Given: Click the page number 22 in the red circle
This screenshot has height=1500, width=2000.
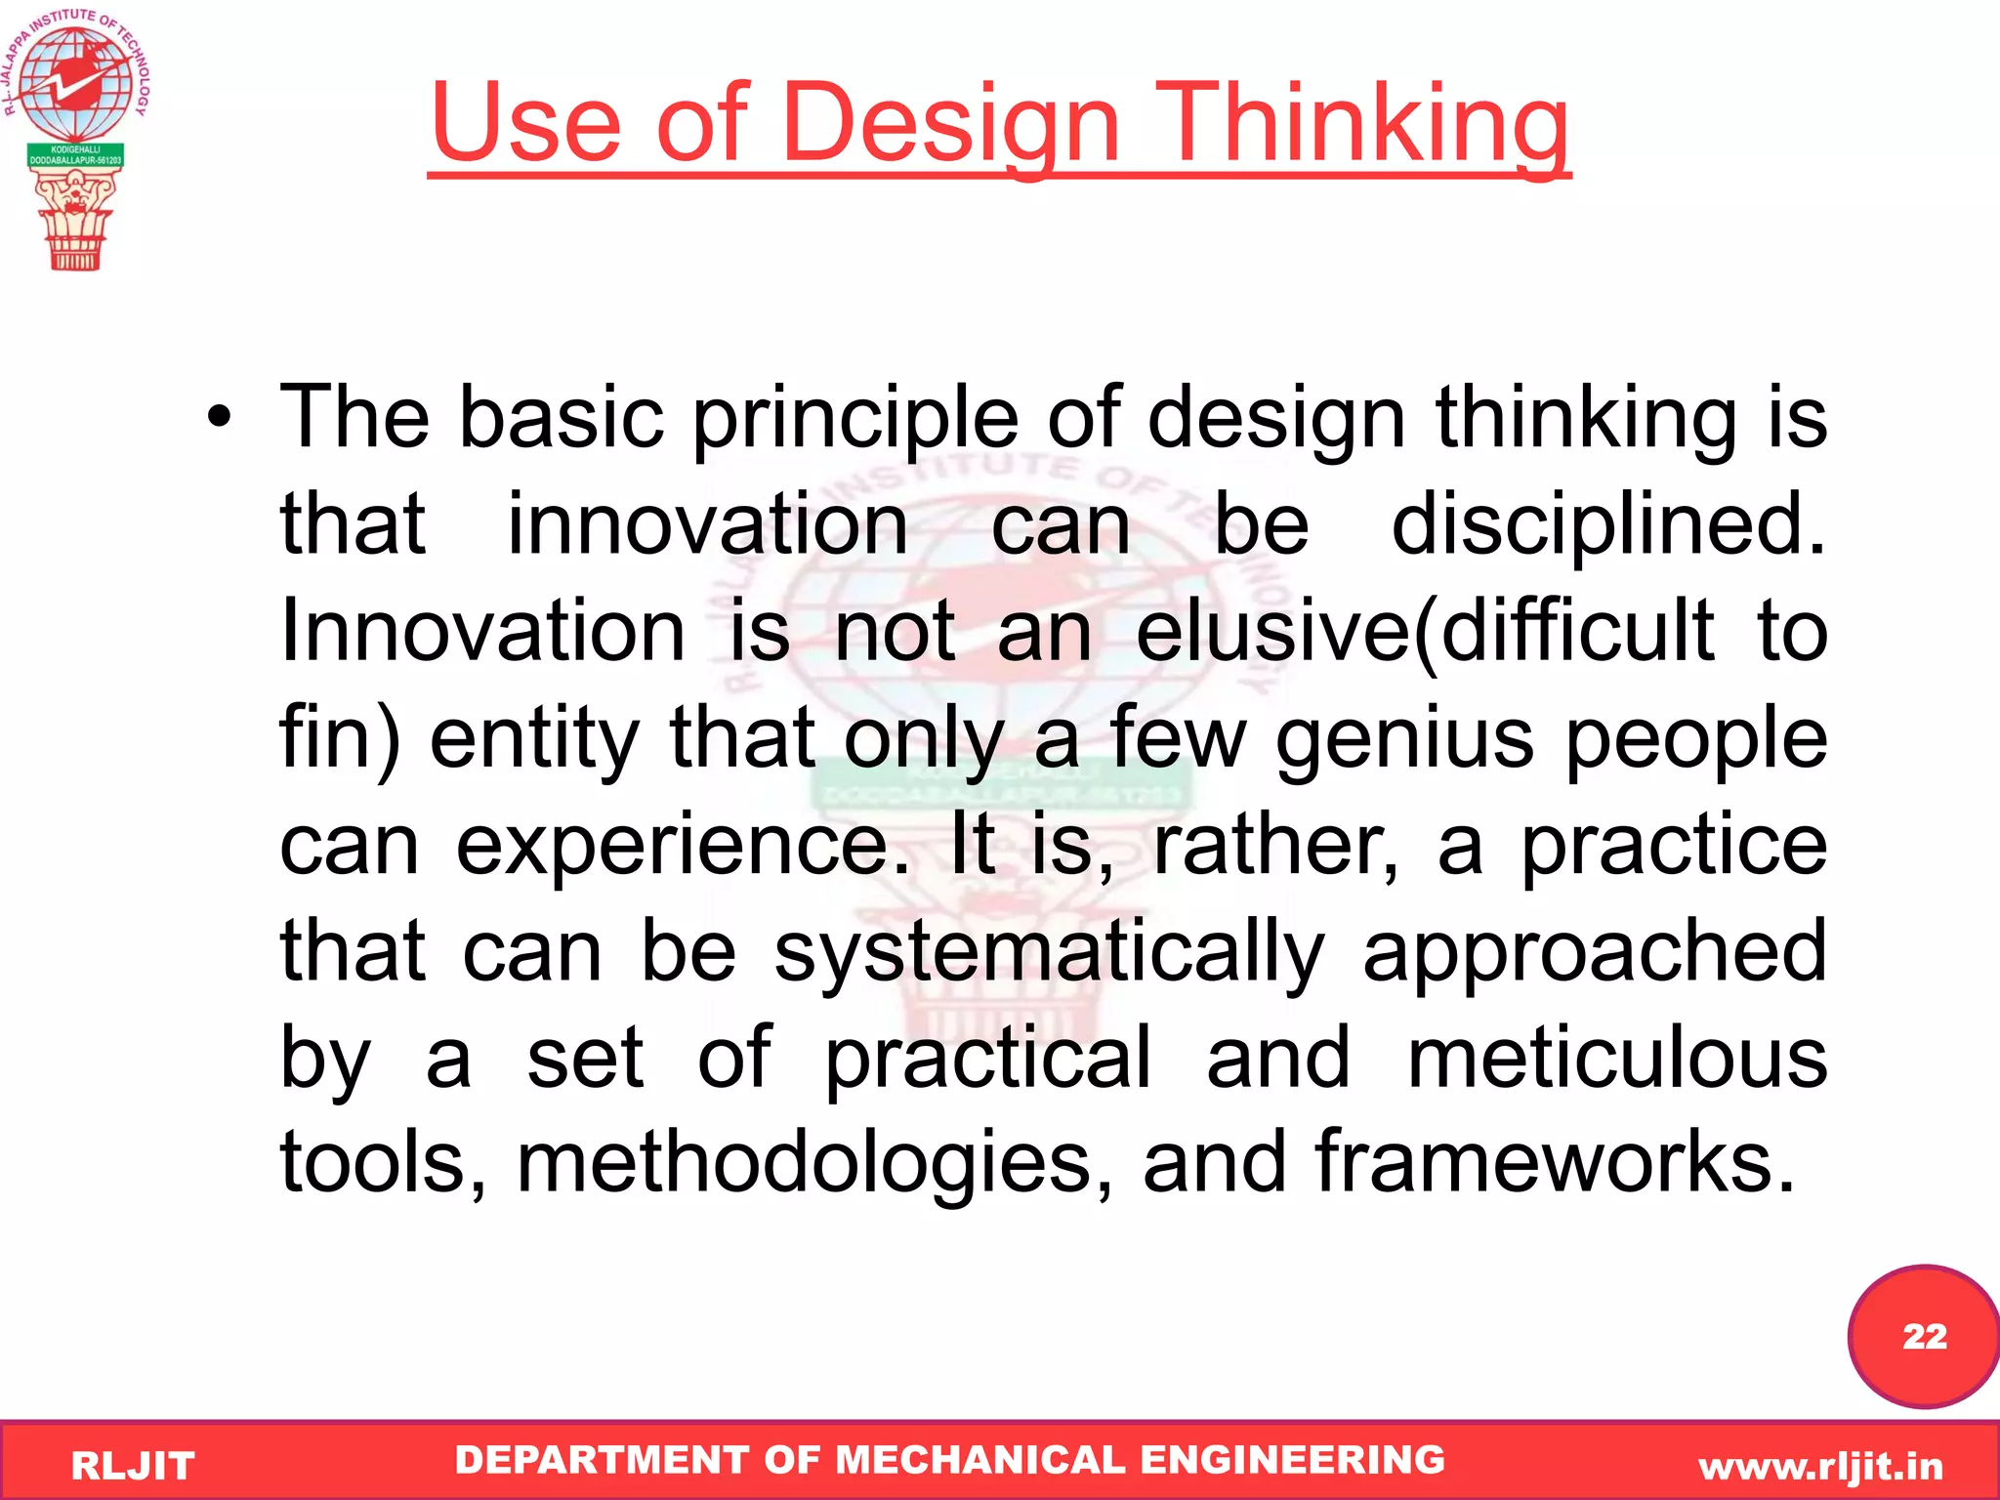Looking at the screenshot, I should click(x=1924, y=1336).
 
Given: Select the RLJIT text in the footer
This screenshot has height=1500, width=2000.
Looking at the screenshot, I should click(x=133, y=1466).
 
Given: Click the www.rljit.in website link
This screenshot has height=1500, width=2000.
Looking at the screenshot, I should click(x=1820, y=1466).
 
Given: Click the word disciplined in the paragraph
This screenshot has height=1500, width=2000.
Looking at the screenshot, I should click(x=1606, y=525).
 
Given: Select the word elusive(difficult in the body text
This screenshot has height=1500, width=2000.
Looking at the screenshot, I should click(x=1424, y=632).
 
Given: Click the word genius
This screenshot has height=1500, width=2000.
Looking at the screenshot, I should click(x=1404, y=739).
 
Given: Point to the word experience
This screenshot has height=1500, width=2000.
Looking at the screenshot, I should click(x=682, y=846).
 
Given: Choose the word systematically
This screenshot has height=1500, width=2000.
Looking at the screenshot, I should click(x=1049, y=952).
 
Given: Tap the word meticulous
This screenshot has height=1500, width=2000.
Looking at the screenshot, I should click(x=1617, y=1059).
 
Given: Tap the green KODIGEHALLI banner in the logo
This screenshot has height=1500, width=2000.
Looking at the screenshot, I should click(x=75, y=155).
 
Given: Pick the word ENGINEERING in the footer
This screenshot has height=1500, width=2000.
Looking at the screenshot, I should click(x=1292, y=1460).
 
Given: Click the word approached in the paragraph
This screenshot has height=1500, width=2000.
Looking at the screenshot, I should click(x=1594, y=952).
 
